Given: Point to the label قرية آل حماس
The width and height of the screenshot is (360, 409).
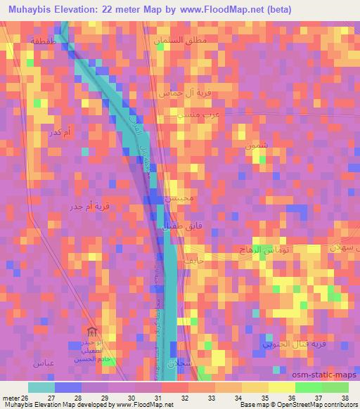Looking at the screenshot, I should [181, 92].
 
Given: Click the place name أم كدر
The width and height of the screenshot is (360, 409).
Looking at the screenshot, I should [56, 133].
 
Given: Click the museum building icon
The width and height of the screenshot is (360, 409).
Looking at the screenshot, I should [90, 331].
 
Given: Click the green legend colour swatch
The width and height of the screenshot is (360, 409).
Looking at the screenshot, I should [307, 387].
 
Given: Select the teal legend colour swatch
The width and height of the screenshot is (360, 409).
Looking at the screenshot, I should [41, 387].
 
